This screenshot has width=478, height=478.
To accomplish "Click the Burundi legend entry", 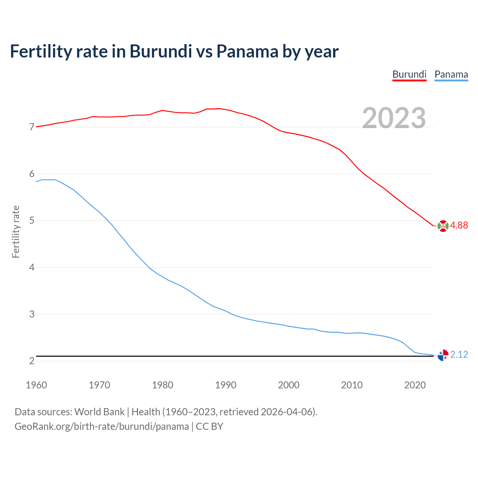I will coord(409,74).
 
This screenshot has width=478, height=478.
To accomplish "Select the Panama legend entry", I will coord(451,74).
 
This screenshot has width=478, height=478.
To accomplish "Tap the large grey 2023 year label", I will coord(394,118).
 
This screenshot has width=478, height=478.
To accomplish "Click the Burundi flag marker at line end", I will coord(443,226).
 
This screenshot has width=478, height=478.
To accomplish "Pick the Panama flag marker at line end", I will coord(443,355).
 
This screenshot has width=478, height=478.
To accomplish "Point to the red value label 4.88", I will coord(459,225).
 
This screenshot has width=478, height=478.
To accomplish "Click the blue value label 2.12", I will coord(459,354).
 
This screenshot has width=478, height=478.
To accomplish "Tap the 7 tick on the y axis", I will coord(32,127).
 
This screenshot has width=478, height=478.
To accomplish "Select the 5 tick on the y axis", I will coord(32,221).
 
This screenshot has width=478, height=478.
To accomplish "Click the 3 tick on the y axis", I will coord(32,314).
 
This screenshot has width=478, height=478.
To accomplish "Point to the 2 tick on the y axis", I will coord(32,361).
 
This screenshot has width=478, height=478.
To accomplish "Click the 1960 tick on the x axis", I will coord(36,385).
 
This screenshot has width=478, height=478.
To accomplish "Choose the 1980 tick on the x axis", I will coord(162,385).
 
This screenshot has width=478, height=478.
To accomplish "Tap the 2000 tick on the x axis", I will coord(289,385).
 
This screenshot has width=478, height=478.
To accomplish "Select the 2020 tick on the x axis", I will coord(415,385).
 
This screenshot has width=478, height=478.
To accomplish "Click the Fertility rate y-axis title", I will coord(16,232).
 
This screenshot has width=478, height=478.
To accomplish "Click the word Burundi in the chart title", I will coord(161,51).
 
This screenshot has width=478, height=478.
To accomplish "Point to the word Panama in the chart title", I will coord(247,51).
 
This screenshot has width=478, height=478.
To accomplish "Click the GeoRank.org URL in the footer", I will coord(102,426).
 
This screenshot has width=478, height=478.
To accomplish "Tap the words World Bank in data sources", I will coord(99,412).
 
